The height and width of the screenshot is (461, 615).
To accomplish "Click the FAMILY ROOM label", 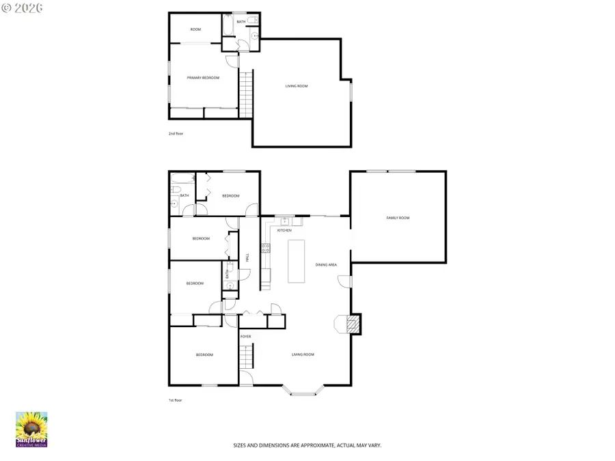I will pyautogui.click(x=398, y=218).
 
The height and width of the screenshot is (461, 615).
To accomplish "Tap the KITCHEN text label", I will pyautogui.click(x=284, y=230).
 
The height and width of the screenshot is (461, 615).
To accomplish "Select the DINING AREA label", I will pyautogui.click(x=326, y=264).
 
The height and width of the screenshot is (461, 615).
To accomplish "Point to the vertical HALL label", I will pyautogui.click(x=247, y=257).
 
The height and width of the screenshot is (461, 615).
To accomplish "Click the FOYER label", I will pyautogui.click(x=245, y=337).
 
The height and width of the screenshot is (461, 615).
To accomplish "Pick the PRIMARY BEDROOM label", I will pyautogui.click(x=203, y=78).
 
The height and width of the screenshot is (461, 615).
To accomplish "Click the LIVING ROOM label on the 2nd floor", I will pyautogui.click(x=297, y=86).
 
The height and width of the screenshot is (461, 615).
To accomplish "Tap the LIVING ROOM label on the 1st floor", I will pyautogui.click(x=303, y=354).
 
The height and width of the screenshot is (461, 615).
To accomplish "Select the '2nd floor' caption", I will pyautogui.click(x=176, y=134).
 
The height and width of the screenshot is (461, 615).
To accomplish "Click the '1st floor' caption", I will pyautogui.click(x=176, y=400).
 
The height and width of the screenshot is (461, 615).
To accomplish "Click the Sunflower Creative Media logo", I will pyautogui.click(x=31, y=429).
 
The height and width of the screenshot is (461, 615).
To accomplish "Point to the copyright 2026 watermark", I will pyautogui.click(x=22, y=8).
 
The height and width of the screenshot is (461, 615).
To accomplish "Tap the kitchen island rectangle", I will pyautogui.click(x=296, y=261).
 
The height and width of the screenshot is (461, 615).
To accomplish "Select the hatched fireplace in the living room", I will pyautogui.click(x=353, y=324).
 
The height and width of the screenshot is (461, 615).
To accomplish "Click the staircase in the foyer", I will pyautogui.click(x=246, y=355).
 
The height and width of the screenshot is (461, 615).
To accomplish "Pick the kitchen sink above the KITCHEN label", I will pyautogui.click(x=284, y=221).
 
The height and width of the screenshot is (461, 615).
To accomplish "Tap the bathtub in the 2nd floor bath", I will pyautogui.click(x=228, y=25).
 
